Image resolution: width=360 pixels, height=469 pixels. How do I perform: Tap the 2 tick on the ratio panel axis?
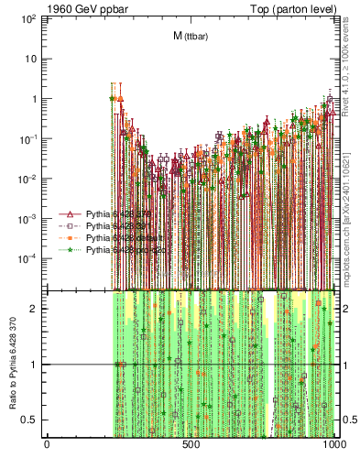click(37, 308)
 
